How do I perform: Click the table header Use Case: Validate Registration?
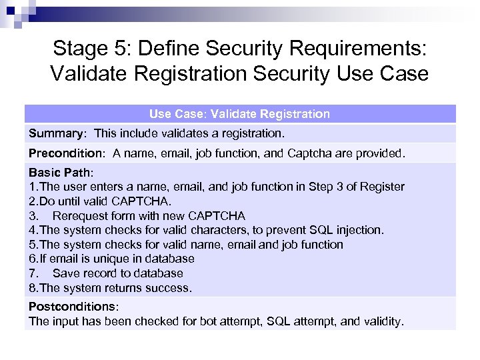pyautogui.click(x=239, y=114)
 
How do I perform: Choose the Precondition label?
pyautogui.click(x=66, y=153)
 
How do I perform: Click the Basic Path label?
pyautogui.click(x=60, y=173)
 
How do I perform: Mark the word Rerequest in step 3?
pyautogui.click(x=81, y=216)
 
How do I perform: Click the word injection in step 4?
pyautogui.click(x=358, y=230)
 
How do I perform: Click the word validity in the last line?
pyautogui.click(x=382, y=321)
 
